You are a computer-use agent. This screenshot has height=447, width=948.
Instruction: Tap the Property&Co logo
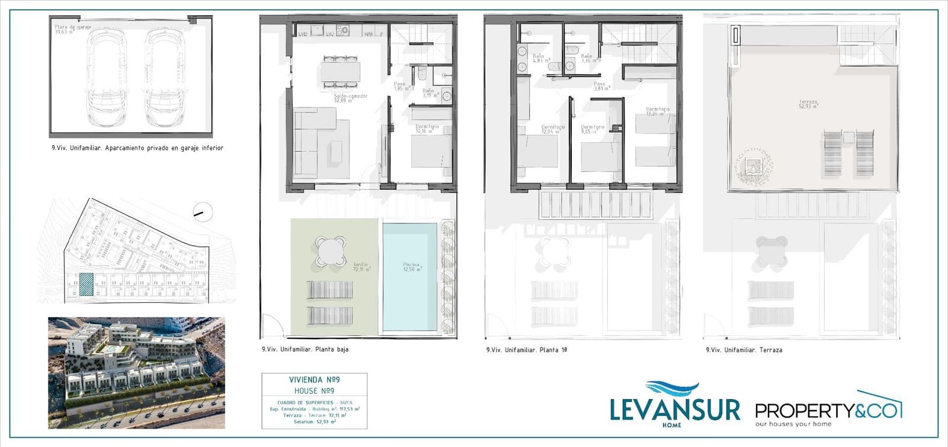click(x=828, y=409)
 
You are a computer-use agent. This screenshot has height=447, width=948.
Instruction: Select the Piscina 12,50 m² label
click(x=411, y=267)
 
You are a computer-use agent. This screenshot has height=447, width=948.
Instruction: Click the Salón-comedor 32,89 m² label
click(x=350, y=98)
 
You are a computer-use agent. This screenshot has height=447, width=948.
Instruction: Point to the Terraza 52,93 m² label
click(x=808, y=104)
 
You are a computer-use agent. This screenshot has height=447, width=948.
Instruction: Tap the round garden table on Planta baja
click(x=331, y=251)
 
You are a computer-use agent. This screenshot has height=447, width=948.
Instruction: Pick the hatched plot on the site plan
click(x=87, y=284)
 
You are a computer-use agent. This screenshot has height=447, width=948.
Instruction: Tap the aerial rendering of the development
click(x=136, y=372)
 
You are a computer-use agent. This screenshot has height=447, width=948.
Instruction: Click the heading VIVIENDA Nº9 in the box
click(x=314, y=380)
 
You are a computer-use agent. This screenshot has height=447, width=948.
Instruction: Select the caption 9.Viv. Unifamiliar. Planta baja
click(x=305, y=349)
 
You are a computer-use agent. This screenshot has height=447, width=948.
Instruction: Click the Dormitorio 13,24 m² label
click(x=658, y=111)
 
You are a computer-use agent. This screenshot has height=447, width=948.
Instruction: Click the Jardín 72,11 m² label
click(x=361, y=267)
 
